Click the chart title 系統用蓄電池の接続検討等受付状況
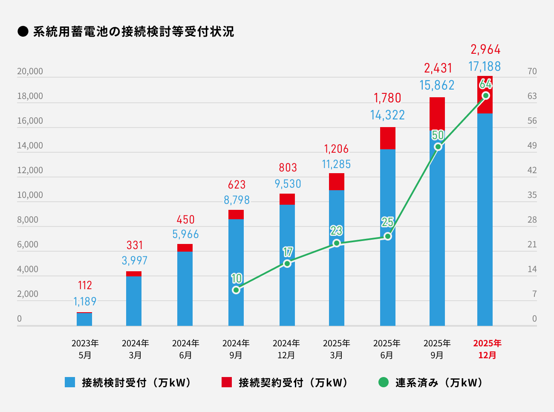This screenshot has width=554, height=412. [x=133, y=32]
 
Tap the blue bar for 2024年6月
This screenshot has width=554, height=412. [x=185, y=288]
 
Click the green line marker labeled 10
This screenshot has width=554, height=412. [x=236, y=290]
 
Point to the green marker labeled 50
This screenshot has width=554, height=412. [x=438, y=147]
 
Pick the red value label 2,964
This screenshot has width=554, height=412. [x=485, y=49]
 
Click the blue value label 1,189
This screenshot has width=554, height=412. [x=85, y=302]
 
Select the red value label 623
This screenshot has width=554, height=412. [x=237, y=185]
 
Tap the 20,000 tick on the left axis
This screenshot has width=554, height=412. [x=30, y=71]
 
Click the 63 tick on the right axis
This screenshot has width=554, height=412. [x=532, y=96]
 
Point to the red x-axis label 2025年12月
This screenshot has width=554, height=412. [x=487, y=349]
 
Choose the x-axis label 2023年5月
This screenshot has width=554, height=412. [x=85, y=349]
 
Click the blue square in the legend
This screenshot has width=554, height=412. [x=70, y=382]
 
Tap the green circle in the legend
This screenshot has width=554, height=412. [x=384, y=382]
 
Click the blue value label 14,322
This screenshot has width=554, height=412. [x=387, y=115]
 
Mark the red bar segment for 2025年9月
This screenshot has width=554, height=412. [x=437, y=113]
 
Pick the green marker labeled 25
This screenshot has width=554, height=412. [x=387, y=236]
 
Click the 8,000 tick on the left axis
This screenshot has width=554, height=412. [x=28, y=220]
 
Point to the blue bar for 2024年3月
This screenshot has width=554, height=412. [x=134, y=301]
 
